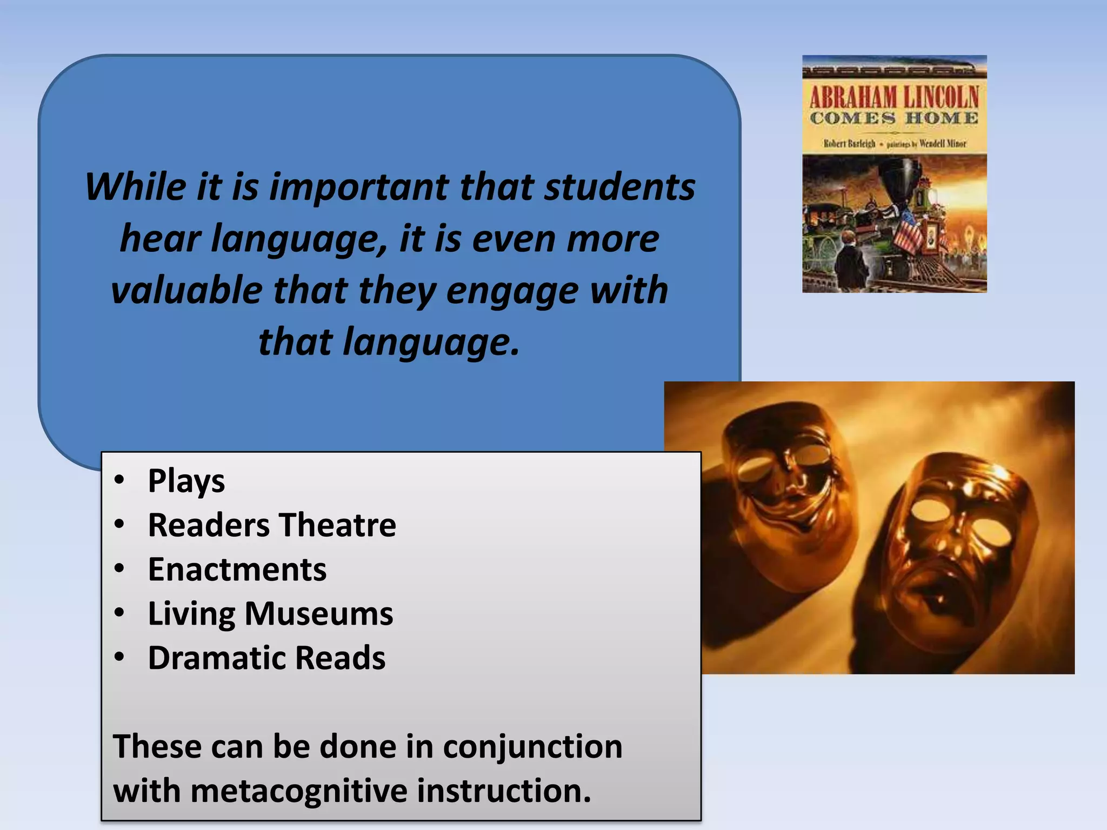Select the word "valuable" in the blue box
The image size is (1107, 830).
(x=186, y=291)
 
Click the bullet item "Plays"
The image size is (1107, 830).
(x=186, y=481)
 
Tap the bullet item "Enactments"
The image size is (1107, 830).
(x=237, y=570)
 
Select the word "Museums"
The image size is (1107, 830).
(x=318, y=614)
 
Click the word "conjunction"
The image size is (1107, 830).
(x=532, y=747)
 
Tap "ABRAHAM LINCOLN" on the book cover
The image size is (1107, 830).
(x=894, y=97)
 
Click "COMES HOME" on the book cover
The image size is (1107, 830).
(x=894, y=118)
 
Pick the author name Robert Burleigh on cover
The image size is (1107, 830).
(x=849, y=144)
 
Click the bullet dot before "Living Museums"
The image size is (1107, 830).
(x=119, y=613)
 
